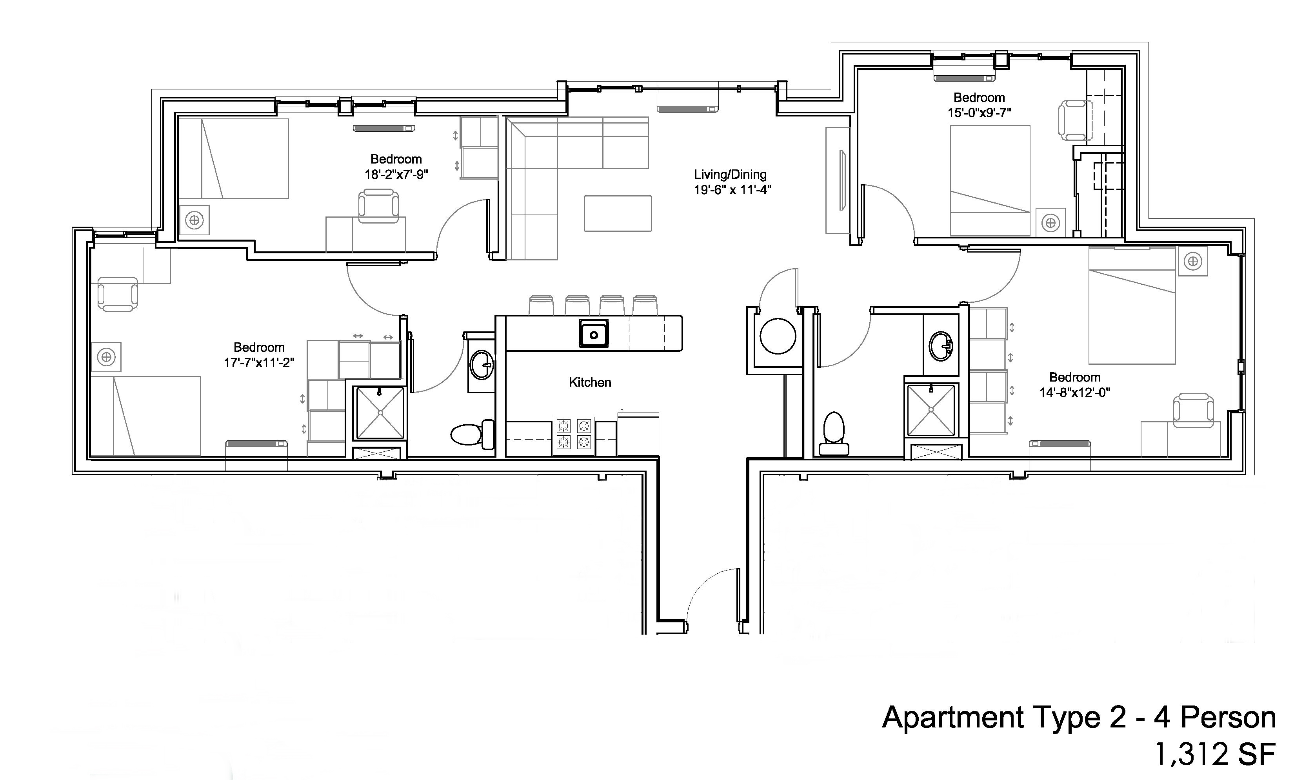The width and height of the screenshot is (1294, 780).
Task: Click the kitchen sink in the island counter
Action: pos(593,334)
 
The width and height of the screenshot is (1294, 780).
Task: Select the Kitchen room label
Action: pos(590,382)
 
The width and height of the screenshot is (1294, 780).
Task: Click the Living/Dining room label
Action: pos(730,175)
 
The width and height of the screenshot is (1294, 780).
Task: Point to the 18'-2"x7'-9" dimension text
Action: pos(396,175)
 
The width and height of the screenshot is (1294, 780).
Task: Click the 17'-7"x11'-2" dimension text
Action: pos(259,362)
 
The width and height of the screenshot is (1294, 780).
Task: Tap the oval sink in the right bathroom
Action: pos(941,346)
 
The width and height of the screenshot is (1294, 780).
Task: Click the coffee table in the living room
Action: pos(618,213)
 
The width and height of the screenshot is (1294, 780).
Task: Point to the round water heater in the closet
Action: pos(778,336)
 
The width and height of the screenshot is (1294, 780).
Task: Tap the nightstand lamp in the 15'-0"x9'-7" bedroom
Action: pos(1050,223)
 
